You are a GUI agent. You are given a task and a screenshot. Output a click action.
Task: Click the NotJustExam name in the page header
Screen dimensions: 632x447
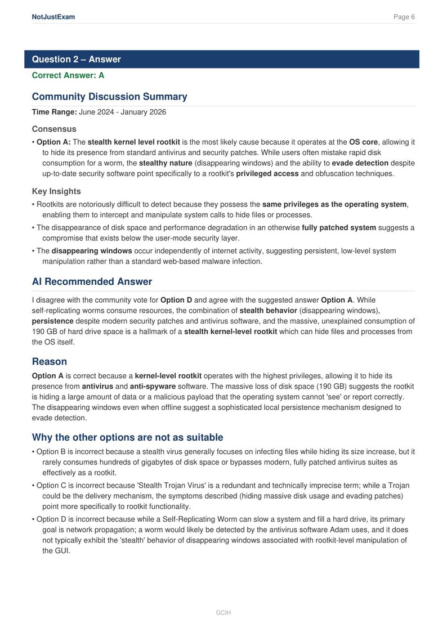[53, 17]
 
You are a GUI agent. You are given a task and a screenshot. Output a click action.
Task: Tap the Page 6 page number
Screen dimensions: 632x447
[404, 17]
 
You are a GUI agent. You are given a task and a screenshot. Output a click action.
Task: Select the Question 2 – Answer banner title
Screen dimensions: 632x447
[76, 59]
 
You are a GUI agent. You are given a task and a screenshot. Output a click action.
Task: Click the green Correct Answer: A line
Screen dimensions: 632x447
[68, 75]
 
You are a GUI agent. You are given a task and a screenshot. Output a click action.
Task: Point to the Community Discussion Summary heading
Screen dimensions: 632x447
[109, 97]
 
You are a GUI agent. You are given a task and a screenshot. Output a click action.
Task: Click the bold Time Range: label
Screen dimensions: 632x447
[54, 112]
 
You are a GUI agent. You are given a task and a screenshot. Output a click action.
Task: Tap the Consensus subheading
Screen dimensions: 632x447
[54, 129]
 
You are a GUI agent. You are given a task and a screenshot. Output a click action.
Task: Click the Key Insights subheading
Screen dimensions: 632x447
[56, 191]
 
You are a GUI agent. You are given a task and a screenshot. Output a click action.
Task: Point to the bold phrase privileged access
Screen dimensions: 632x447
[267, 173]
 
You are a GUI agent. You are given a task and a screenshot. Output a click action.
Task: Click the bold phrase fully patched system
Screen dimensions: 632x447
[339, 227]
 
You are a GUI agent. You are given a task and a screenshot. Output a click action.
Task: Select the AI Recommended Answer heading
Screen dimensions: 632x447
[92, 281]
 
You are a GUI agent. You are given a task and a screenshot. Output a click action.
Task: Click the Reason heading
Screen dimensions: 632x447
[50, 361]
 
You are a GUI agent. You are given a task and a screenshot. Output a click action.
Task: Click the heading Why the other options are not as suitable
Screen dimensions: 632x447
[127, 437]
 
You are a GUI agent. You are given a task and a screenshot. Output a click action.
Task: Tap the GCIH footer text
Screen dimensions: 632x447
[223, 612]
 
